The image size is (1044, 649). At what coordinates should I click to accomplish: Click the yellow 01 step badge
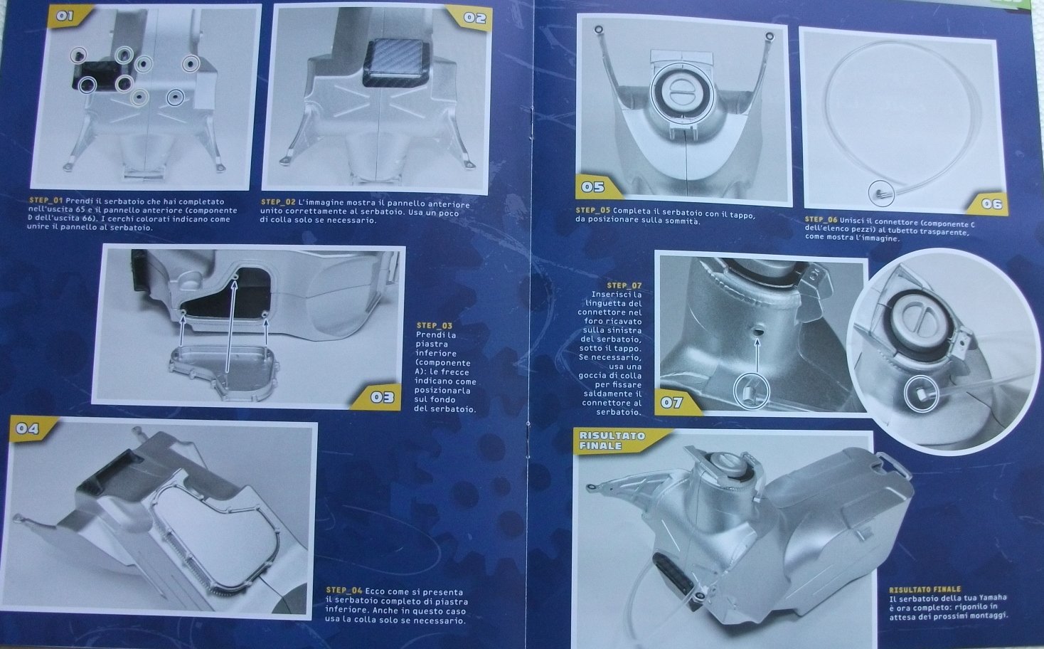(x=68, y=16)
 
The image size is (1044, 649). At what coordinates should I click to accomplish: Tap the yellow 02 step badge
(x=472, y=18)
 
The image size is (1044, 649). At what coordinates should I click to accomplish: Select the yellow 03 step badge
(x=378, y=397)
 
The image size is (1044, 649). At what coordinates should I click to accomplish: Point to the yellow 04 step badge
(x=30, y=428)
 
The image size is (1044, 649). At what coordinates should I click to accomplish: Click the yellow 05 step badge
(x=596, y=187)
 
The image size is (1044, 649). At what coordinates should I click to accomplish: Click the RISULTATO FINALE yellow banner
(x=615, y=440)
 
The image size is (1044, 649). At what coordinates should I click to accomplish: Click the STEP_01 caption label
(x=46, y=201)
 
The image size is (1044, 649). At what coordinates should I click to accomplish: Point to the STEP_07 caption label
(x=624, y=285)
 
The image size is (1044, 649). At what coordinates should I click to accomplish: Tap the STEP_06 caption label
(x=821, y=220)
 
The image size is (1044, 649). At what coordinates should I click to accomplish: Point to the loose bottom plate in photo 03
(x=225, y=372)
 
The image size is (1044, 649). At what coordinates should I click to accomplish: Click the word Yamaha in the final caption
(x=992, y=598)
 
